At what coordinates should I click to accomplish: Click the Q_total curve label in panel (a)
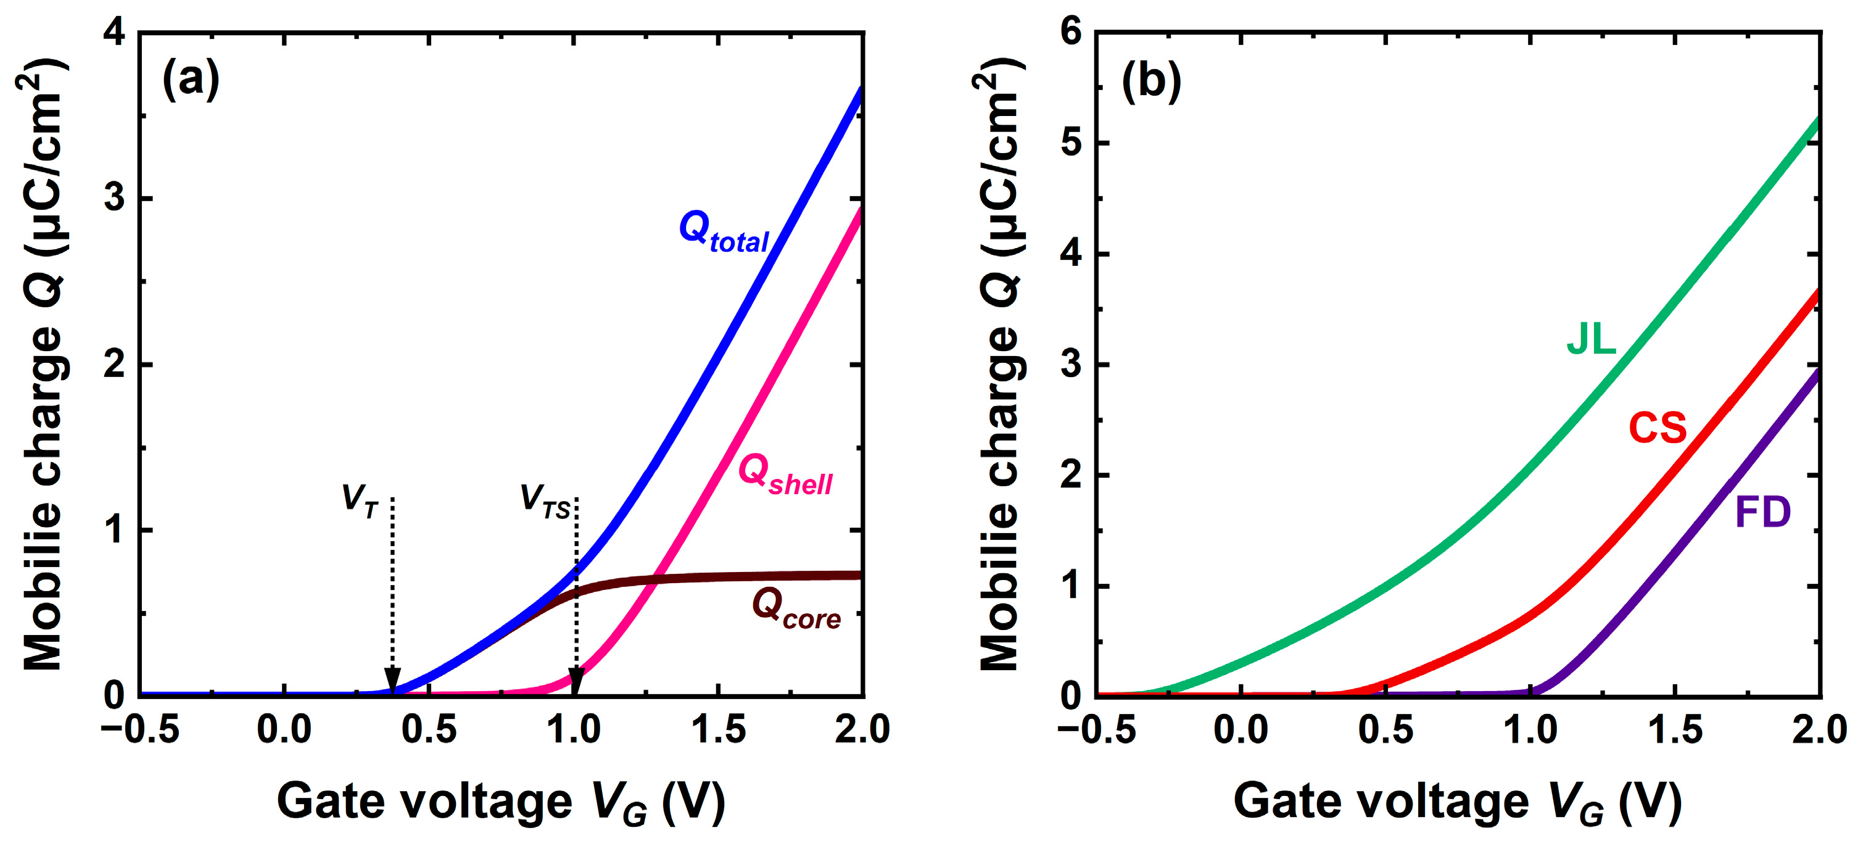point(724,232)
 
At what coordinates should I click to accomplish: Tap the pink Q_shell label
point(785,476)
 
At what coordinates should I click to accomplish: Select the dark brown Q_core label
point(796,610)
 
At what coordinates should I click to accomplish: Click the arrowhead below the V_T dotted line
point(392,681)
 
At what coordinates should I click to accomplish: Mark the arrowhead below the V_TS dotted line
point(576,681)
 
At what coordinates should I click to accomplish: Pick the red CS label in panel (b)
point(1658,428)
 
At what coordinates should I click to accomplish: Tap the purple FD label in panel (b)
point(1762,513)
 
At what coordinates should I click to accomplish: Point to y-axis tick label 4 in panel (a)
point(115,33)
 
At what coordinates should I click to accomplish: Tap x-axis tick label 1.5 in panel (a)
point(719,730)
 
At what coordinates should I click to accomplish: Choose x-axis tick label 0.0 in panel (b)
point(1241,730)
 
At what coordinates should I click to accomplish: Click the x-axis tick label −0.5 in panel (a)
point(140,730)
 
